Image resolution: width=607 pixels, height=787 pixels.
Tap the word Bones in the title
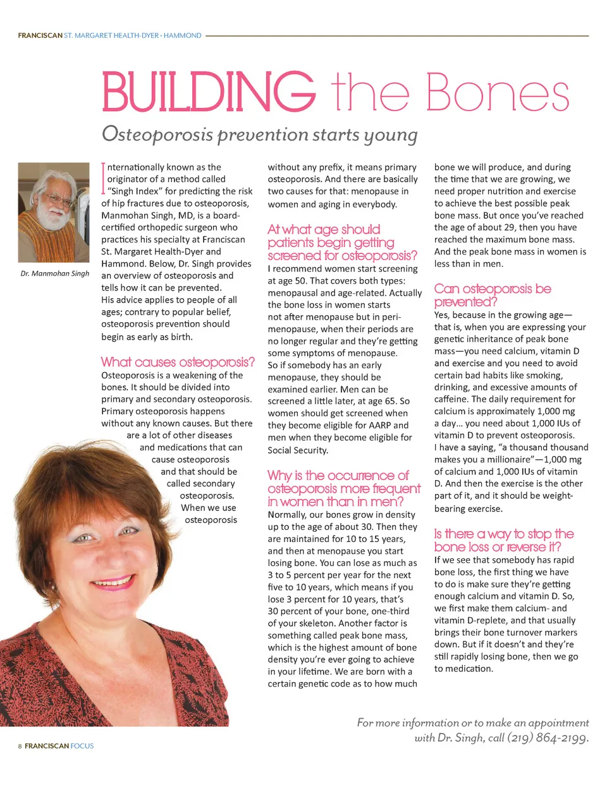498,93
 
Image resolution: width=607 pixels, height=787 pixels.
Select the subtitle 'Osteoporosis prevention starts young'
259,135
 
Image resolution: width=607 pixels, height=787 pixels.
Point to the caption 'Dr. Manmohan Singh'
54,273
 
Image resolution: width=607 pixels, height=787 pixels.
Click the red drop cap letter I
104,178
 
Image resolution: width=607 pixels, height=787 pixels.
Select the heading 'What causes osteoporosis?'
178,362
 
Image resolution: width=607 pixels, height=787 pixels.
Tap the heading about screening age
342,243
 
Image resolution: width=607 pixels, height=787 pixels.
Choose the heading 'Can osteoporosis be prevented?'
493,295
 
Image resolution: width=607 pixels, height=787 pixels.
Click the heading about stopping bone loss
503,540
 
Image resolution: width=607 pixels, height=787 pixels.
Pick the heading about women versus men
343,488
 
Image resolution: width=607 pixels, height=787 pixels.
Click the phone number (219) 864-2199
548,738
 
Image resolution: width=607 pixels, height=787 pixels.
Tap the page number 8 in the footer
20,746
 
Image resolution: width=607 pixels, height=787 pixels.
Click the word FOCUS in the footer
82,746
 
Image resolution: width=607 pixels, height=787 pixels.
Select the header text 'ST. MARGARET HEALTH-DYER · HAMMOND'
133,36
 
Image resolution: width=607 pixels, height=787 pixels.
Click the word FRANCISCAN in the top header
40,36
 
